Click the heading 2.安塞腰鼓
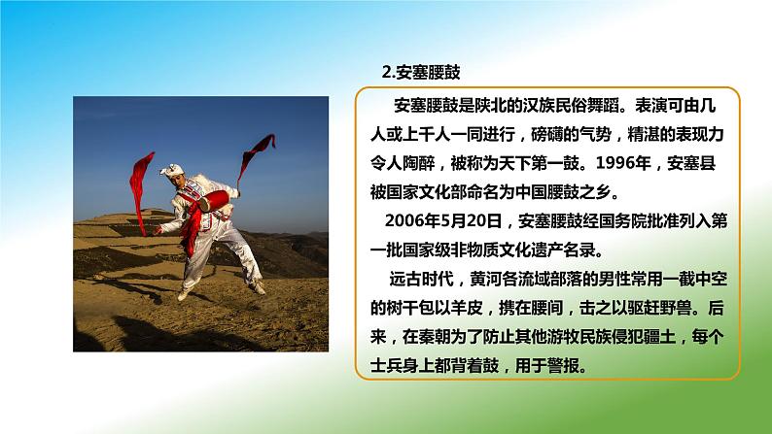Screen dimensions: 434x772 (x=421, y=72)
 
